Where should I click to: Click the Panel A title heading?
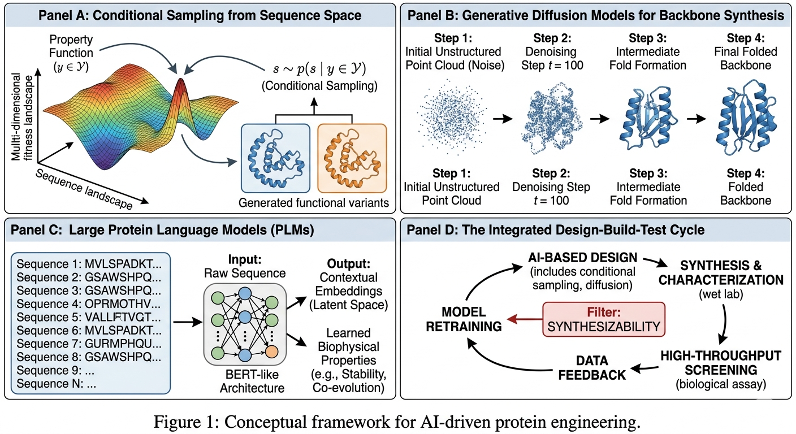tap(200, 15)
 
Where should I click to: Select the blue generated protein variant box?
tap(275, 160)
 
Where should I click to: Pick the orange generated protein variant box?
tap(352, 160)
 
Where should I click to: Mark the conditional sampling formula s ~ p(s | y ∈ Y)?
tap(316, 70)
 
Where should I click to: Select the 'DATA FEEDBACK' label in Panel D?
tap(594, 367)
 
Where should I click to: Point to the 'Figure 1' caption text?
tap(397, 421)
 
